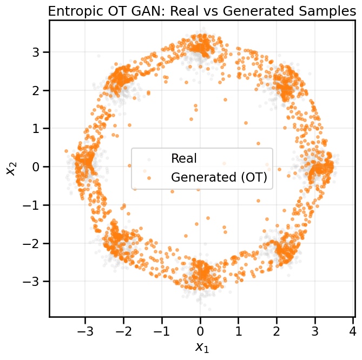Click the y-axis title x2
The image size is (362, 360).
tap(11, 167)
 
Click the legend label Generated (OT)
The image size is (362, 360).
tap(219, 177)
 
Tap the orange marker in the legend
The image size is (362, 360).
tap(148, 177)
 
